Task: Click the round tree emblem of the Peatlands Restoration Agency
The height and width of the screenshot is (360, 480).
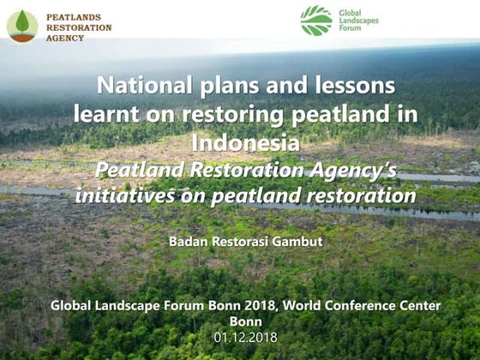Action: pos(22,25)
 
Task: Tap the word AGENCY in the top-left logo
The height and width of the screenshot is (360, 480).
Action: pos(65,39)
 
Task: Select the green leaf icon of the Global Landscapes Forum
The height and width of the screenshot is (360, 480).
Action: pos(316,20)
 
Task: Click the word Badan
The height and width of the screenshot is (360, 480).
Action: pos(189,242)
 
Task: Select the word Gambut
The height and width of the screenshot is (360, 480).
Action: pos(298,242)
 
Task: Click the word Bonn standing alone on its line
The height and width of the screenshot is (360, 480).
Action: pos(245,321)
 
